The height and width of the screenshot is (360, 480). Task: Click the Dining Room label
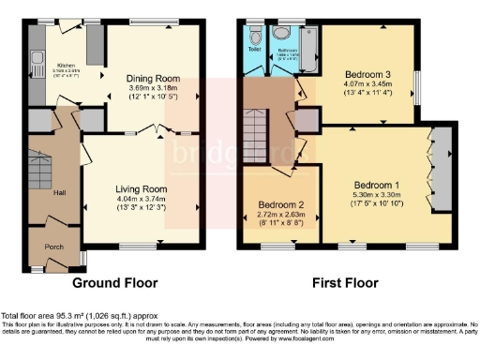[x=154, y=79]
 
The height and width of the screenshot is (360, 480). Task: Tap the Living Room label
[x=141, y=188]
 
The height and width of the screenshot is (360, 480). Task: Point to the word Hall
[x=59, y=192]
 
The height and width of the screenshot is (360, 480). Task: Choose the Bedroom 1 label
[x=378, y=185]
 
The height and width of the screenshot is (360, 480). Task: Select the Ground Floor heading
[x=114, y=282]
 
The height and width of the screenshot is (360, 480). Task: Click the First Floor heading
[x=346, y=282]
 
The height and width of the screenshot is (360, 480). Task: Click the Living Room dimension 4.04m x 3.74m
[x=141, y=199]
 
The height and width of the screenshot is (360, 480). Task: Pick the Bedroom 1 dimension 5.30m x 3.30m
[x=378, y=195]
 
